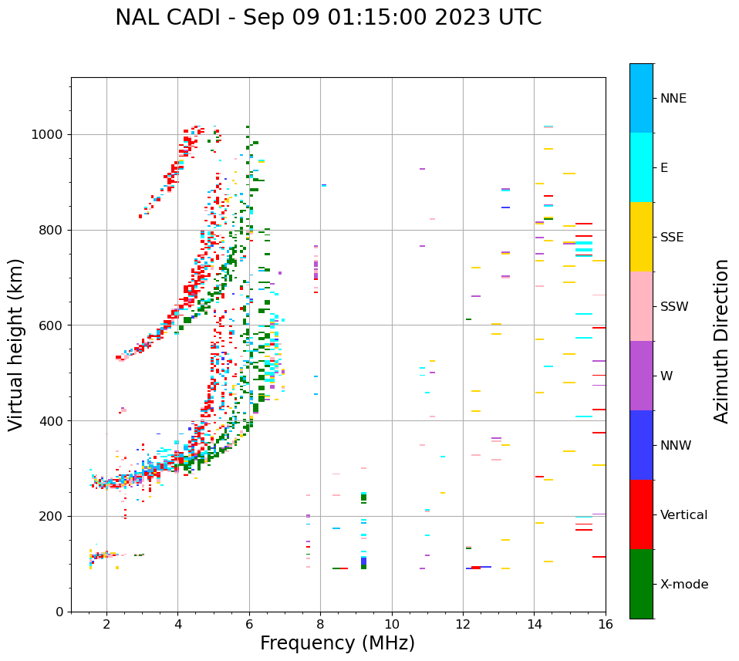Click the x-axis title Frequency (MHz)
coord(337,643)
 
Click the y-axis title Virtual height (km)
coord(16,344)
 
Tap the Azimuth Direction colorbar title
coord(721,340)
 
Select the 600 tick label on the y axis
coord(49,325)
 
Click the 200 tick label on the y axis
coord(49,516)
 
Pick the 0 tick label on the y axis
coord(59,612)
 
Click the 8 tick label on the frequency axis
coord(320,624)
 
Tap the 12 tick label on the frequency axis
coord(463,624)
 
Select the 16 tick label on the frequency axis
coord(606,624)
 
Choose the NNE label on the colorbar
coord(673,99)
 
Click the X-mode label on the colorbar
coord(683,585)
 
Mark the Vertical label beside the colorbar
coord(683,515)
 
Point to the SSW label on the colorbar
coord(674,307)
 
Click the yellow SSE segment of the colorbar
coord(641,237)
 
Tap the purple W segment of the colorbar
coord(641,376)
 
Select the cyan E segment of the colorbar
coord(641,167)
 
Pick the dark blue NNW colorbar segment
coord(641,445)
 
